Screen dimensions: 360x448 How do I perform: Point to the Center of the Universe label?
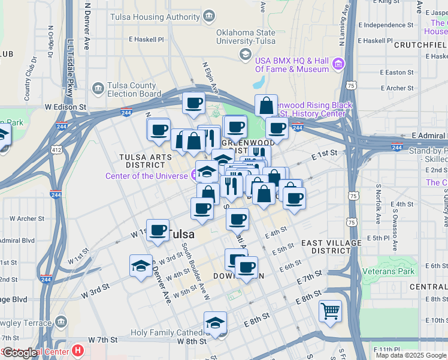tap(147, 176)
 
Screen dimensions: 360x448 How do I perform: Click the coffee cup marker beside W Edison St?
tap(193, 104)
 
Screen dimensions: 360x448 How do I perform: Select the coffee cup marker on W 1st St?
tap(158, 230)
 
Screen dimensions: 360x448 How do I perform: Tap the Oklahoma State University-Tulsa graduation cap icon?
tap(245, 55)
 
